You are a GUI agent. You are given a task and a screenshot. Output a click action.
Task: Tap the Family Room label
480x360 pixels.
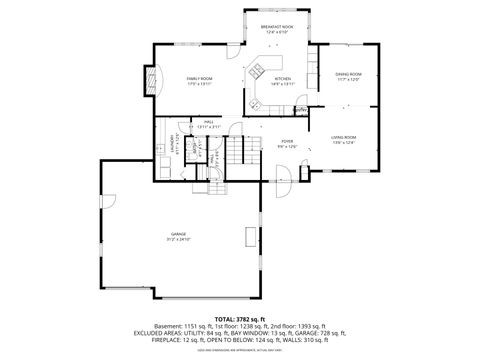(199, 78)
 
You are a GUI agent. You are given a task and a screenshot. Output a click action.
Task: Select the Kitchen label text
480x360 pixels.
(283, 79)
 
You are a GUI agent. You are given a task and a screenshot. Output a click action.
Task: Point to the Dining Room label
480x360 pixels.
(347, 74)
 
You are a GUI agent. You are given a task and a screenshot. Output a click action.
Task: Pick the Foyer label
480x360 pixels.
(286, 142)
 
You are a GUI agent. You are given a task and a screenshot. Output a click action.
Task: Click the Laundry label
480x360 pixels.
(174, 139)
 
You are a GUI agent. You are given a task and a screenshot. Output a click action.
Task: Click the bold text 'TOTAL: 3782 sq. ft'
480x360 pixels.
(240, 319)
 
